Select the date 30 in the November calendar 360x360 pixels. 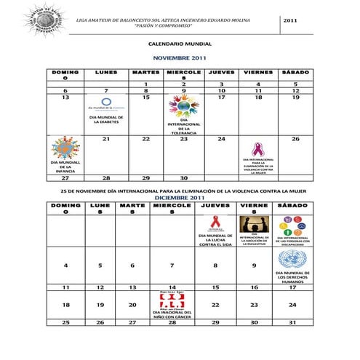click(x=185, y=177)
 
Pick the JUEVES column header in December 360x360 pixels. click(x=215, y=206)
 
